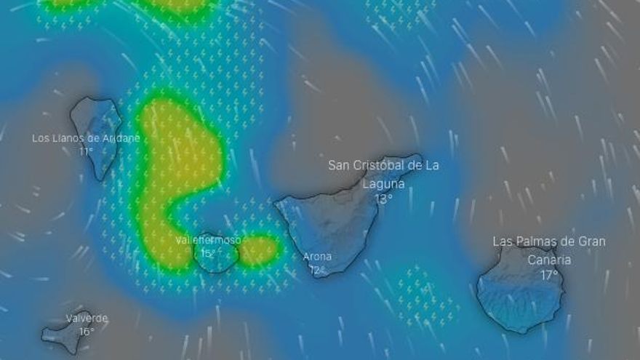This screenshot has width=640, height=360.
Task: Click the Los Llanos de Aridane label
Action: [x=86, y=138]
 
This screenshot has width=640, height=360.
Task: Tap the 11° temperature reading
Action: [x=86, y=151]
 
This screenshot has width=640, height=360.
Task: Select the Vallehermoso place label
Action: [x=208, y=240]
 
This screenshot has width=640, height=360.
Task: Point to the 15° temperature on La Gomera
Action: [x=209, y=253]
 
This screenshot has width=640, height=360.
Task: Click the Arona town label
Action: [x=317, y=257]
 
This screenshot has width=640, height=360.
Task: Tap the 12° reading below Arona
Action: [x=317, y=270]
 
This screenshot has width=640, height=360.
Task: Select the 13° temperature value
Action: [x=383, y=199]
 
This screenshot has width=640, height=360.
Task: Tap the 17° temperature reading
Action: [x=549, y=275]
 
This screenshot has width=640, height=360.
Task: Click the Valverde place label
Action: [x=87, y=319]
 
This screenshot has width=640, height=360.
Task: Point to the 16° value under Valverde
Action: [x=87, y=332]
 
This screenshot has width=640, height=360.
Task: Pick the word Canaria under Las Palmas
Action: [x=549, y=260]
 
